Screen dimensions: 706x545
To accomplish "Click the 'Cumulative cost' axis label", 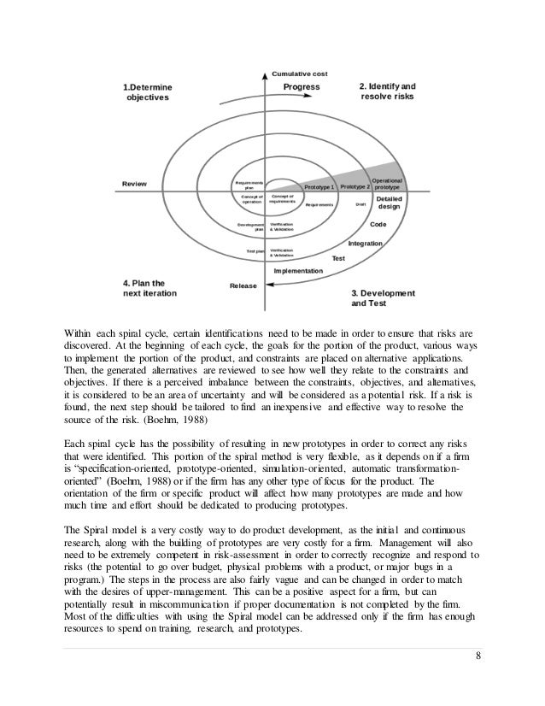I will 299,74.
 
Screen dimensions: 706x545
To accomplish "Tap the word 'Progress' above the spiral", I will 302,87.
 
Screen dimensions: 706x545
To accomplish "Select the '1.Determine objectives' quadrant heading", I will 148,92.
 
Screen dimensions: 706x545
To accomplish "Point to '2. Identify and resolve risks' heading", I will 387,92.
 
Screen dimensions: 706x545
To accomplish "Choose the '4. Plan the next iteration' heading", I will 150,287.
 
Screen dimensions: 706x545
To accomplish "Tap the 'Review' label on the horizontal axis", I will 134,183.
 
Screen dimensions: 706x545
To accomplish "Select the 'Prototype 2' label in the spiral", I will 355,185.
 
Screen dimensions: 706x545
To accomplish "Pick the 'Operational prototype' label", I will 394,183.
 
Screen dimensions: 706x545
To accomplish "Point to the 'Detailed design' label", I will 389,203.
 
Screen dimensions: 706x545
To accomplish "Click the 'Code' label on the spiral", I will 378,225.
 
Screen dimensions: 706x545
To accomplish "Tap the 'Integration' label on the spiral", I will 366,244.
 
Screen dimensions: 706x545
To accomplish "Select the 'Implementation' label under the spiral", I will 298,271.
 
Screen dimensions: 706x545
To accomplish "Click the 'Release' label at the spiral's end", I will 243,285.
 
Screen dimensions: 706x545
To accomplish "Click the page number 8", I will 477,680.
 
